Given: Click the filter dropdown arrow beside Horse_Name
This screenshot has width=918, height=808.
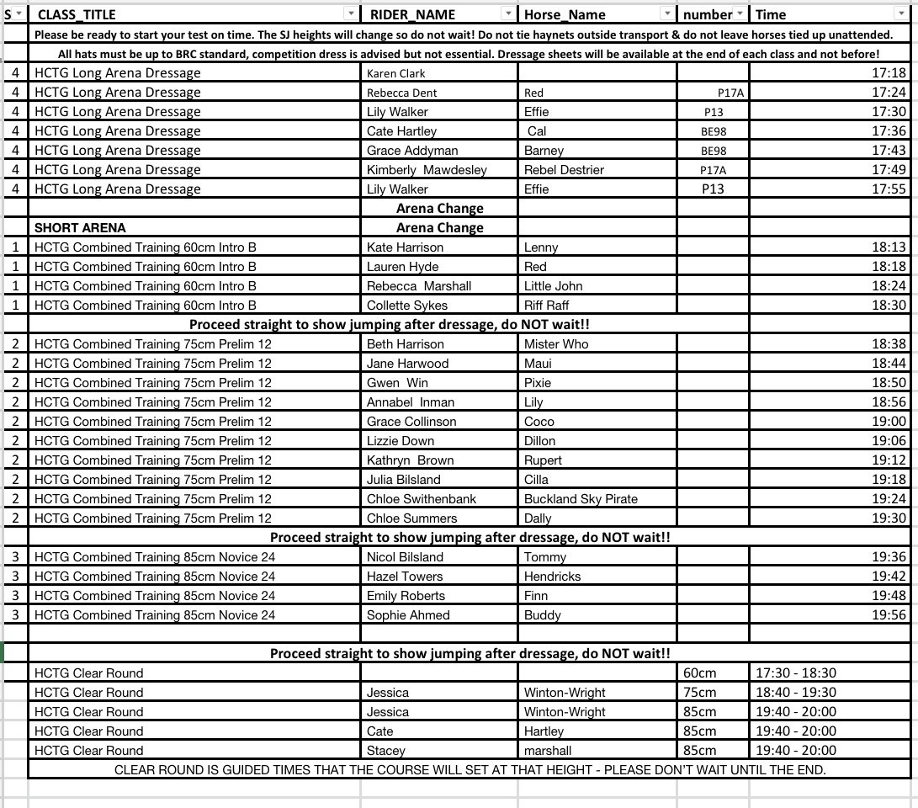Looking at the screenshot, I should pyautogui.click(x=666, y=13).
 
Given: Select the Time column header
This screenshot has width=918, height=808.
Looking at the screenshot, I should pyautogui.click(x=771, y=14).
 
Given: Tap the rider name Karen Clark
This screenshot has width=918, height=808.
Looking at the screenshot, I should pyautogui.click(x=395, y=73).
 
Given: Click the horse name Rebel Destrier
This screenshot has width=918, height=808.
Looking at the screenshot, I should pyautogui.click(x=564, y=170).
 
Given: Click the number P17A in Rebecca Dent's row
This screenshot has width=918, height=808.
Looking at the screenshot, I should pyautogui.click(x=730, y=93).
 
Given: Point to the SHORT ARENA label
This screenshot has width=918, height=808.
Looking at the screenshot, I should pyautogui.click(x=80, y=228).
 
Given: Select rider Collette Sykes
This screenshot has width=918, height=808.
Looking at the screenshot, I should pyautogui.click(x=406, y=306).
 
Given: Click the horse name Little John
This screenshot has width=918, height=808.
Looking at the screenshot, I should pyautogui.click(x=553, y=286).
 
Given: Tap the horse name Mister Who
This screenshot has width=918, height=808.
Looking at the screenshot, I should pyautogui.click(x=556, y=344).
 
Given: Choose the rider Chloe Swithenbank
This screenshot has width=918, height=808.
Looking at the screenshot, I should pyautogui.click(x=421, y=499).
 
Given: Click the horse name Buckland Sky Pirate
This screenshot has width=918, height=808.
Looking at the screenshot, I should pyautogui.click(x=581, y=499).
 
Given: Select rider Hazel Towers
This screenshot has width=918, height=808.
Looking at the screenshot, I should pyautogui.click(x=405, y=577).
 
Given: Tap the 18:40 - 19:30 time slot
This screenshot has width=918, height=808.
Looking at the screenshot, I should pyautogui.click(x=796, y=693).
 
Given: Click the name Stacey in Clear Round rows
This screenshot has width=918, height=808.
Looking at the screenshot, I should pyautogui.click(x=385, y=751).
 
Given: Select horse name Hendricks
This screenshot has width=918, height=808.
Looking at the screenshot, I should pyautogui.click(x=552, y=577).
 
